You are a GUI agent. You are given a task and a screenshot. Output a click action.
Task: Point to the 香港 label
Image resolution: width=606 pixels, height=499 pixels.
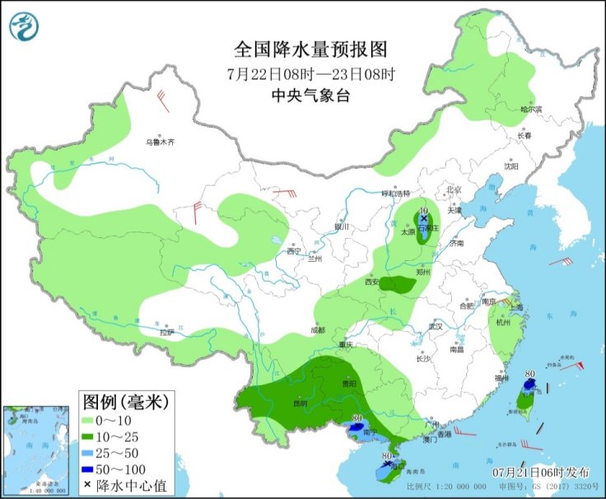click(445, 434)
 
